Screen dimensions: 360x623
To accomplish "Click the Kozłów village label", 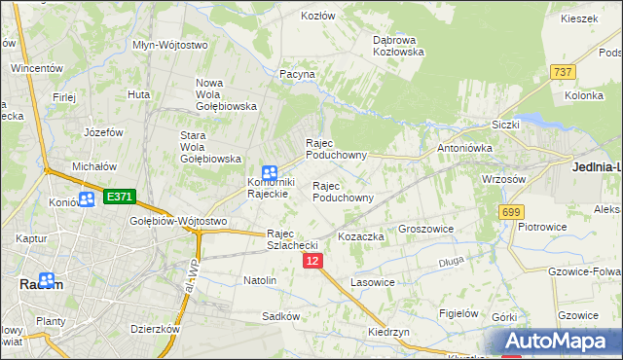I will (318, 16).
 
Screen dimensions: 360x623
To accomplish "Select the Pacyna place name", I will (297, 74).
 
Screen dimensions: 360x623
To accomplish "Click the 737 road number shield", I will (562, 72).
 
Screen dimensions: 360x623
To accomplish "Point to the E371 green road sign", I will (119, 197).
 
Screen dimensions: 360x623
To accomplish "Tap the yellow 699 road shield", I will (510, 211).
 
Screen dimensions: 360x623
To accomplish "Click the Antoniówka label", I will (464, 148).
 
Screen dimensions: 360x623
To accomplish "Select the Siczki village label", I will (506, 125).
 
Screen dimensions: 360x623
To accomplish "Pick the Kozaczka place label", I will (361, 236).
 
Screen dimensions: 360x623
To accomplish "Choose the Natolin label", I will (260, 280).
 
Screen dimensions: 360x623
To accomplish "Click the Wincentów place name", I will (37, 69).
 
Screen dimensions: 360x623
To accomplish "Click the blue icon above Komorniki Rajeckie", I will (270, 172).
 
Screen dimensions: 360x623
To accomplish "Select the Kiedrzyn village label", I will (388, 331).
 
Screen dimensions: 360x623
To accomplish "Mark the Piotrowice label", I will (543, 227).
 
